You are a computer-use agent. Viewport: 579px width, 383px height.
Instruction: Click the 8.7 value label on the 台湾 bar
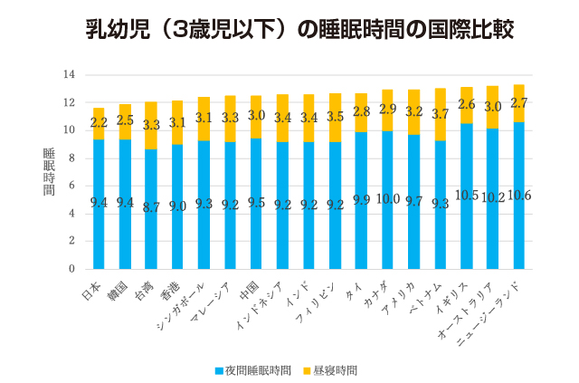tap(150, 207)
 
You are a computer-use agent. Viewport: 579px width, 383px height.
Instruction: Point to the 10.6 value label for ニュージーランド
tap(518, 196)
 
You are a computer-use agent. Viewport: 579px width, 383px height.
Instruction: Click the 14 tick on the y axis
tap(69, 74)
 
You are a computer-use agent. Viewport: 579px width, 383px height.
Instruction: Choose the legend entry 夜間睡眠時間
tap(254, 370)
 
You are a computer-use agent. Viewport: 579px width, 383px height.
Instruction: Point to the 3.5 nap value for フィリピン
tap(335, 117)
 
